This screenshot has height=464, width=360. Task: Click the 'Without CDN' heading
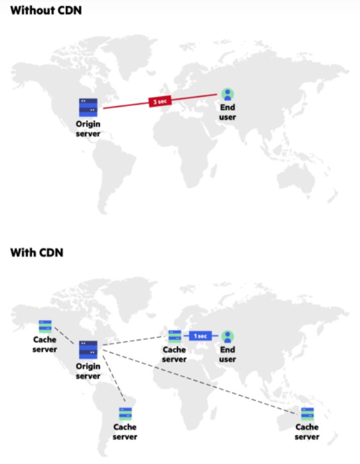coord(46,10)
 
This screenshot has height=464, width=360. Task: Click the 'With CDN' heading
coord(37,252)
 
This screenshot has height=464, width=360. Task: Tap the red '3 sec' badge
coord(160,101)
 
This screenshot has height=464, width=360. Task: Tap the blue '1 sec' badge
coord(200,336)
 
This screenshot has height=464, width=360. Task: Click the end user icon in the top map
coord(228,94)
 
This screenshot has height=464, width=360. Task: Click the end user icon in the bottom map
coord(228,336)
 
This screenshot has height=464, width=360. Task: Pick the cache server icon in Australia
coord(307,414)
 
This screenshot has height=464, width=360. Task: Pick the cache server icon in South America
coord(125,414)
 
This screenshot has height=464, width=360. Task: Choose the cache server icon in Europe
coord(174,336)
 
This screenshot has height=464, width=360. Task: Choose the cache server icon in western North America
coord(45,327)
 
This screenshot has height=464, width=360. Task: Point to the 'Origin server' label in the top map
coord(88,129)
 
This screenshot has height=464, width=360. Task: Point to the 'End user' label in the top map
coord(228,112)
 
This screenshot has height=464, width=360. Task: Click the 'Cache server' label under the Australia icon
coord(307,432)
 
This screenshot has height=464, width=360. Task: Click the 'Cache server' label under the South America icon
coord(125,432)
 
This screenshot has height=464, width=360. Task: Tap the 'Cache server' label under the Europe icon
coord(174,354)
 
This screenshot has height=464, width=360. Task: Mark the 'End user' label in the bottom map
coord(228,354)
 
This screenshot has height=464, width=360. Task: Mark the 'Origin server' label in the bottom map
coord(88,371)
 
